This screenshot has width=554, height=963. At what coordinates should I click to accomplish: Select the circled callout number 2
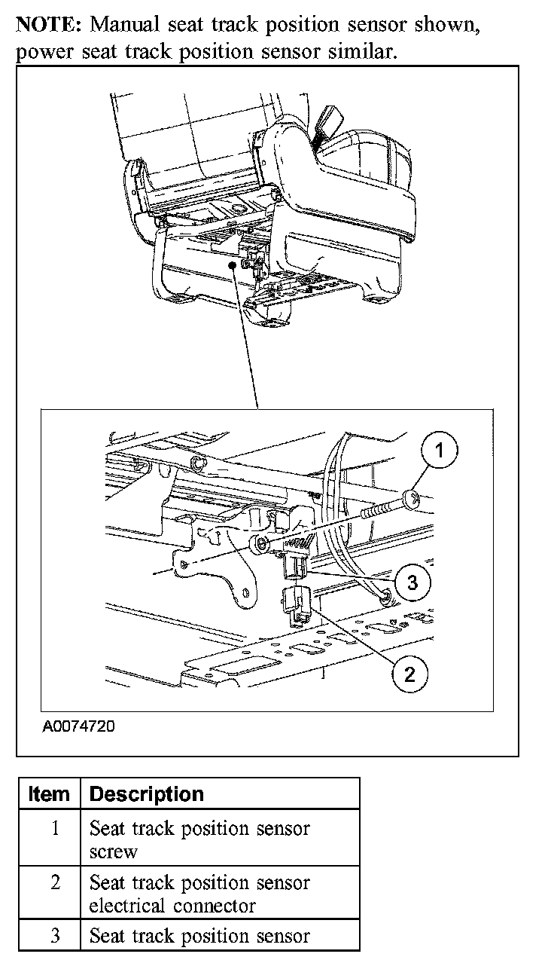click(x=409, y=673)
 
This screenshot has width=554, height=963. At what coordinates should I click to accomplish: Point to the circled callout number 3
click(x=412, y=581)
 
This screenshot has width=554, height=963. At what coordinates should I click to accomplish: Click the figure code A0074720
click(x=79, y=728)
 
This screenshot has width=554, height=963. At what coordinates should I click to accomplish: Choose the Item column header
click(x=49, y=794)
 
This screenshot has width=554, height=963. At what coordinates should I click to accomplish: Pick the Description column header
click(x=146, y=794)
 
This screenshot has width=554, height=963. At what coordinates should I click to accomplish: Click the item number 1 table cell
click(x=55, y=829)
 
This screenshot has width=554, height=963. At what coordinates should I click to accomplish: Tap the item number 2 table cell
click(x=55, y=882)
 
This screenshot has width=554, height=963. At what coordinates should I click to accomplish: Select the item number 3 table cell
click(x=55, y=937)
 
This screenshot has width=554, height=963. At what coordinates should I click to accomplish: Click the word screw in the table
click(x=114, y=852)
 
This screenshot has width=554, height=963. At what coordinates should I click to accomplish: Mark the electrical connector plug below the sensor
click(x=297, y=604)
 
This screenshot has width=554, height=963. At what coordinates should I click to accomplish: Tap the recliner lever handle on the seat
click(x=330, y=118)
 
